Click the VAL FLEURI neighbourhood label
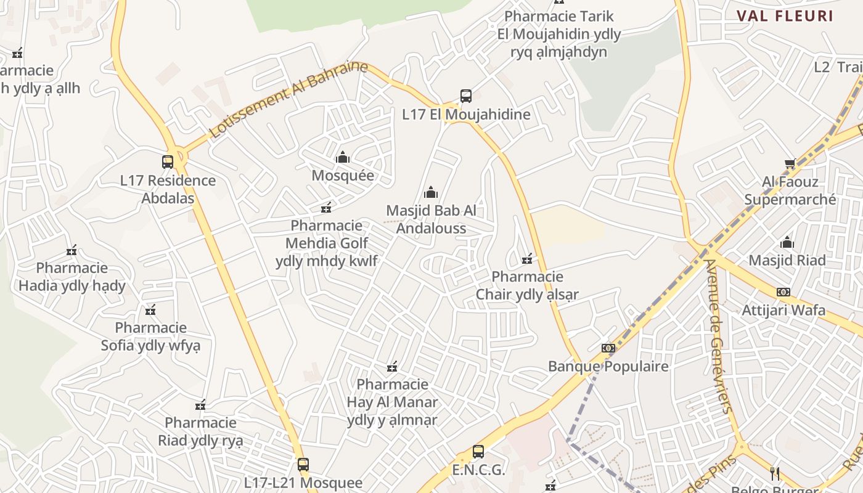pos(785,16)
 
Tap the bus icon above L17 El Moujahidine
pos(466,96)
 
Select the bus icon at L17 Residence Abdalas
pos(168,162)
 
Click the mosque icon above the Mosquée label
pos(343,158)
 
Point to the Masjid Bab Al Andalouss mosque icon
pos(431,193)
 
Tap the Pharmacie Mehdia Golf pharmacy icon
pos(326,208)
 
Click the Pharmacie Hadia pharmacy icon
pos(72,250)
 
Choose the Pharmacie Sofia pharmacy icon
pos(150,310)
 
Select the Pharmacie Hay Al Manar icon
pos(391,367)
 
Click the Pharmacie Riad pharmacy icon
pos(200,405)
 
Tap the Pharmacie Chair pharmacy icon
pos(527,259)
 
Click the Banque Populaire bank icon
pos(608,348)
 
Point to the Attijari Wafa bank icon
pos(783,292)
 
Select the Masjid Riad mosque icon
pos(787,242)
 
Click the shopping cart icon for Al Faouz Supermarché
pos(790,163)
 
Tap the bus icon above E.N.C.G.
pos(478,452)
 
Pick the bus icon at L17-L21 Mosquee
pos(303,465)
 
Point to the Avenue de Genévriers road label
pos(719,336)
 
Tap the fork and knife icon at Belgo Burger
pos(775,473)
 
